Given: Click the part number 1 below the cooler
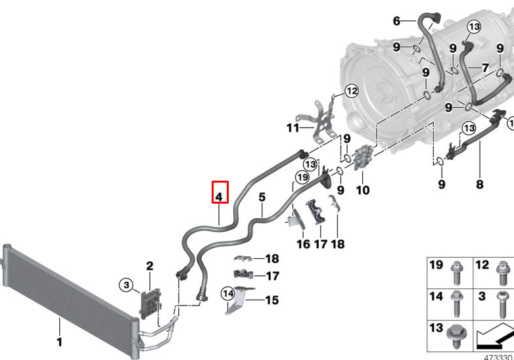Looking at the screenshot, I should point(58,342).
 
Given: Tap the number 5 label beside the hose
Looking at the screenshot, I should point(262,196).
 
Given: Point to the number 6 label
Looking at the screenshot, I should point(396,21).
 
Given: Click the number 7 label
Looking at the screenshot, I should point(485,67).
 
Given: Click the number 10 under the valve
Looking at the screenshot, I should point(362,191).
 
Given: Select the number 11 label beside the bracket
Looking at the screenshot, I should point(292,127).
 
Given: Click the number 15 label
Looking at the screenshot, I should point(271,300).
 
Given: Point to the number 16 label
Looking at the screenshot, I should point(302,244).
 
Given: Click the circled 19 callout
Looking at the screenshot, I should point(302,177).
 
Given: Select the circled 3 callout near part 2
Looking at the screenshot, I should point(126,284).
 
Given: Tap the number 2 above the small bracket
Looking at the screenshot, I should point(149,266).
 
